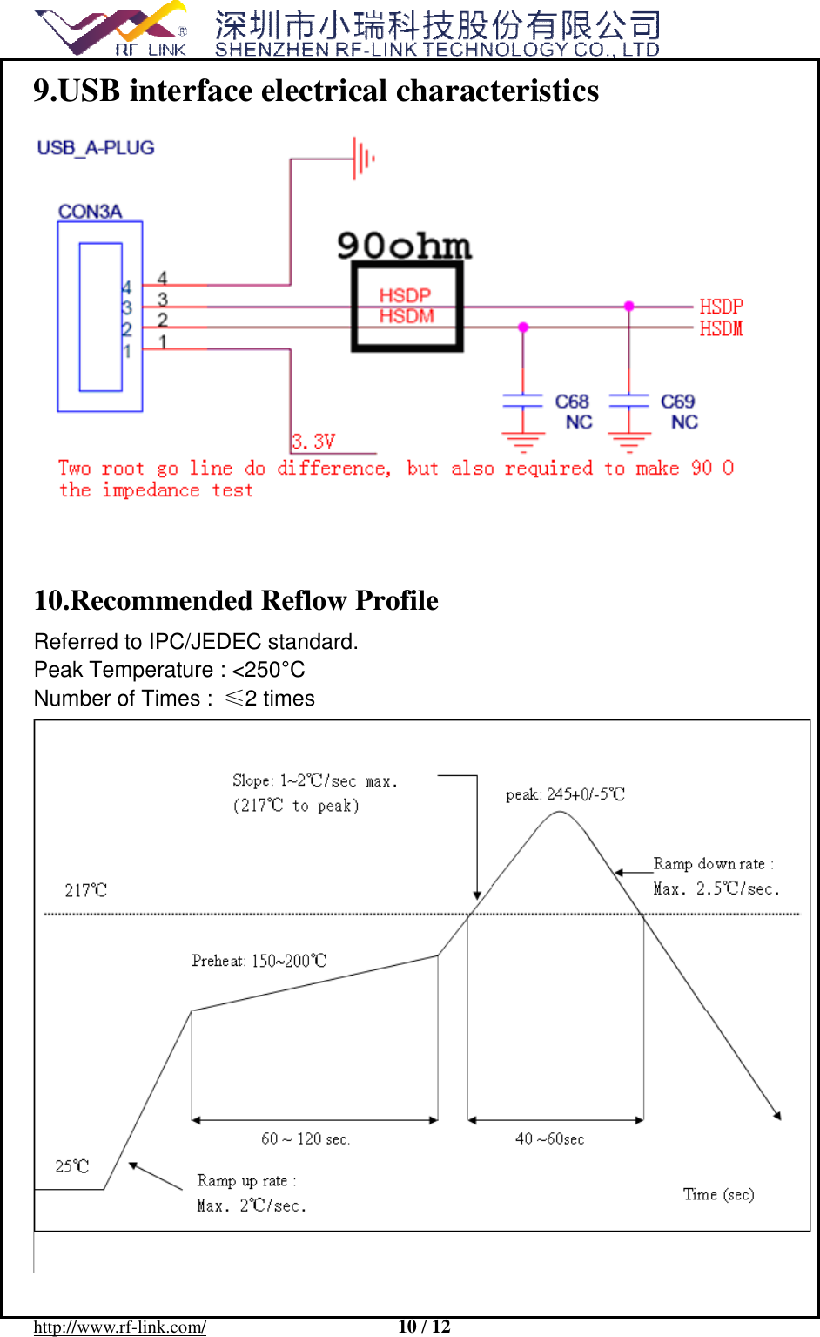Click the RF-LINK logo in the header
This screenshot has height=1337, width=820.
point(111,30)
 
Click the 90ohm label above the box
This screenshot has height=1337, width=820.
point(404,246)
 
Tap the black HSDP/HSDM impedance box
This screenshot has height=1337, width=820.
point(407,307)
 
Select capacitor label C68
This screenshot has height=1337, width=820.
point(572,402)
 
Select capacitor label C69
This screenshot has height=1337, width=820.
point(677,402)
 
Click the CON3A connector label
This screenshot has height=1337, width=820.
point(90,212)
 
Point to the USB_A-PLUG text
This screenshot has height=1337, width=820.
point(96,148)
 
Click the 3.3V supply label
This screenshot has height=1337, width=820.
point(313,442)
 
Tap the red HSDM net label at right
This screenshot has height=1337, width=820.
point(721,328)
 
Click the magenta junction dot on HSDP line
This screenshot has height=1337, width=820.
point(628,307)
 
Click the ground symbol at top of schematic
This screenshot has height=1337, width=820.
point(363,159)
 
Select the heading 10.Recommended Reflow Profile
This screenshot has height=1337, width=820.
point(236,600)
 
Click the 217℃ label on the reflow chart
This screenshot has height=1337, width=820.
point(85,890)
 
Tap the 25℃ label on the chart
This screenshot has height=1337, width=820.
point(72,1166)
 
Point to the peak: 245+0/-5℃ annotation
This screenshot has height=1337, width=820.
point(565,794)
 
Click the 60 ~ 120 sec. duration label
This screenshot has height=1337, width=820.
point(306,1139)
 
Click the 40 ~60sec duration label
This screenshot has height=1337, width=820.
point(549,1139)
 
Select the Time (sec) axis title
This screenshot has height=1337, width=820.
point(718,1194)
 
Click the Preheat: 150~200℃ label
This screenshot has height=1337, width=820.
point(259,961)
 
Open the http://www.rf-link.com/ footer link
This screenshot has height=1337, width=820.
point(120,1327)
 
